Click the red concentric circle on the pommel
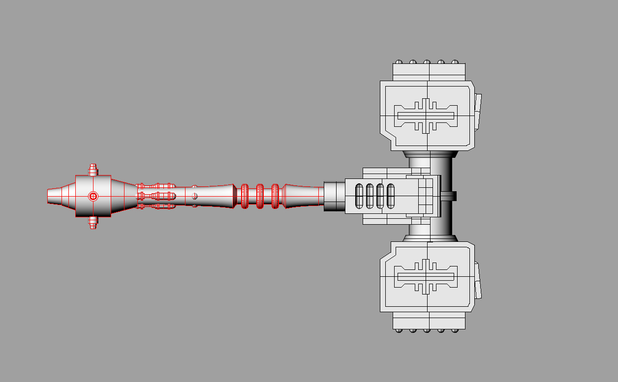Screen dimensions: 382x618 coord(93,196)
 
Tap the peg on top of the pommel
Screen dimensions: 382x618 coord(93,170)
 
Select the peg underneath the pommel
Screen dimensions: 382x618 coord(93,223)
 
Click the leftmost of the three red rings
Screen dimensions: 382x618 coord(245,196)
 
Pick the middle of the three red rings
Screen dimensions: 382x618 coord(260,196)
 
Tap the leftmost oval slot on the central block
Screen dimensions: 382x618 coord(359,196)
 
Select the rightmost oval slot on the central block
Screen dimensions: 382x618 coord(391,196)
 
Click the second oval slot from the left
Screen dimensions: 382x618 coord(370,196)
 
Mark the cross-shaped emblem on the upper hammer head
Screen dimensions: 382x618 coord(426,115)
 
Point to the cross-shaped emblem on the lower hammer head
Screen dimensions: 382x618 coord(426,277)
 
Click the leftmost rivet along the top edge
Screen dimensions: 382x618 coord(399,62)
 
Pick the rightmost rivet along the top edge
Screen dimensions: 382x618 coord(455,62)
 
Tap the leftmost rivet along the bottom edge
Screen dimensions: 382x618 coord(399,330)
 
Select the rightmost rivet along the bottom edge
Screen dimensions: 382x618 coord(455,330)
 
